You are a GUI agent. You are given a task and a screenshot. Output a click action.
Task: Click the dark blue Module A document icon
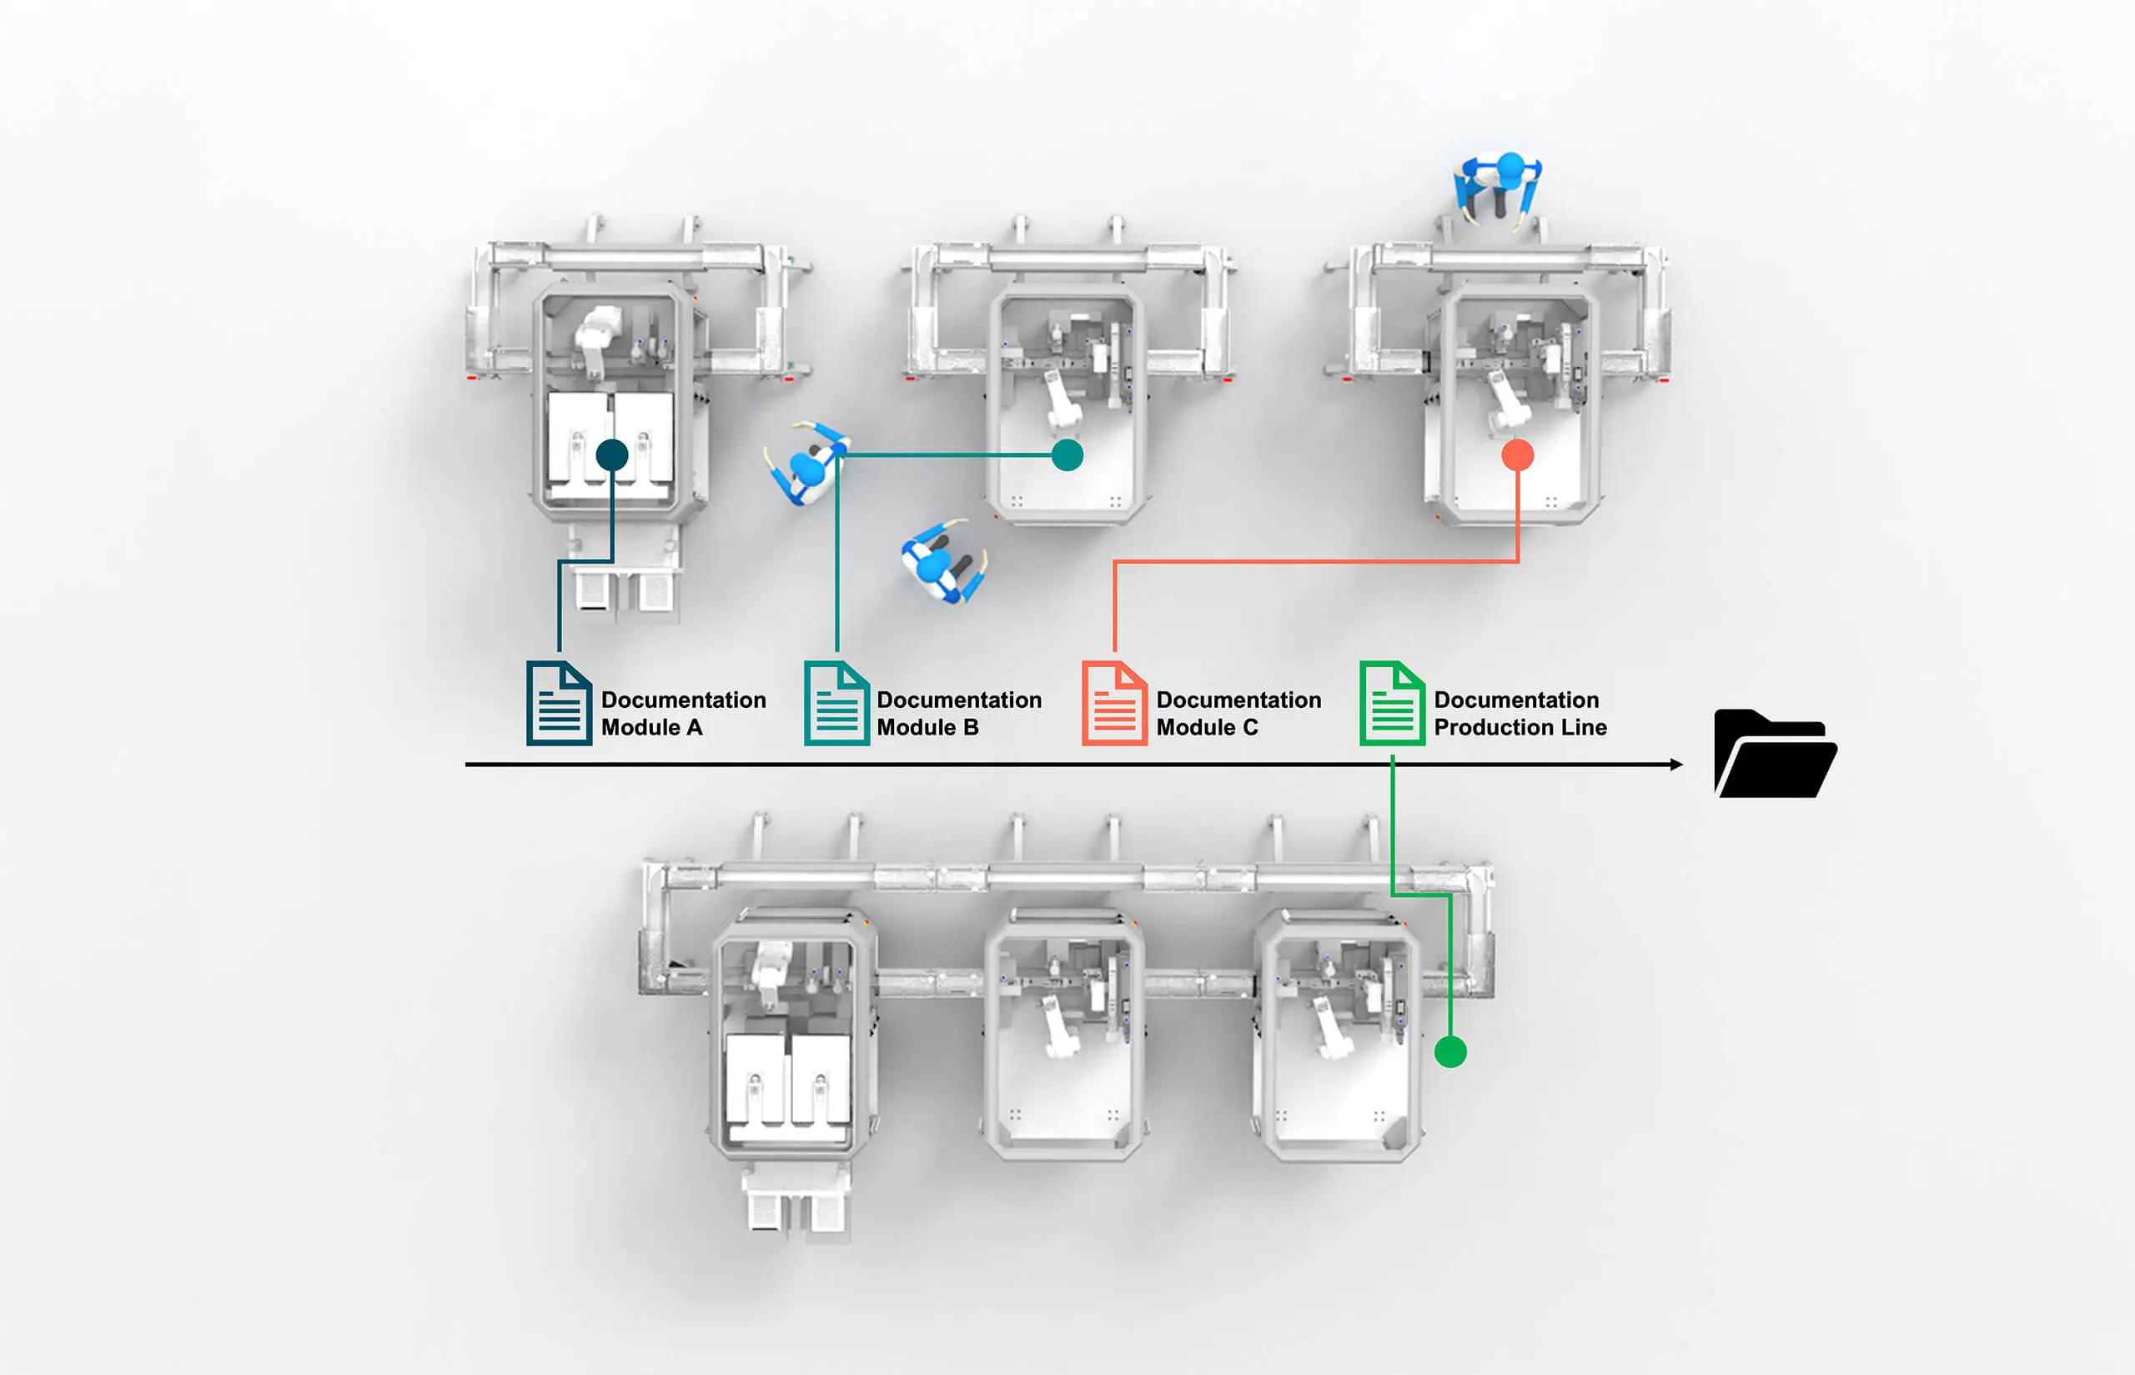click(559, 703)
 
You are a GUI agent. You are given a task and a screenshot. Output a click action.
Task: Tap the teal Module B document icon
click(836, 703)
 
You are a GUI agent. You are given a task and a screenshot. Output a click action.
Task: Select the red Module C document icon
click(1114, 703)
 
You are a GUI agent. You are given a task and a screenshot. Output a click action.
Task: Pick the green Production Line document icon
click(1392, 703)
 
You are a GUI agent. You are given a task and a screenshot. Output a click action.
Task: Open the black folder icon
click(1774, 755)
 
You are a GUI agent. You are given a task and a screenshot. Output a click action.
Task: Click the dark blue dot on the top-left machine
click(611, 455)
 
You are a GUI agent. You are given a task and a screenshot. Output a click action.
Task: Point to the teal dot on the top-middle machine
click(1067, 455)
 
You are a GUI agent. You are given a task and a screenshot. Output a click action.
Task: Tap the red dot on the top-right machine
click(1517, 455)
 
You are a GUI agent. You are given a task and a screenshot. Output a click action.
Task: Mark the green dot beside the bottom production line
click(1450, 1051)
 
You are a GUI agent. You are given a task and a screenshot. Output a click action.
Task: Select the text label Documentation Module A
click(683, 714)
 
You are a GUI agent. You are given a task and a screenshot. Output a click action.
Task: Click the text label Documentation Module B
click(959, 714)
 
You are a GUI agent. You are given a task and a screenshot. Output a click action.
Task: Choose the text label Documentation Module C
click(1238, 714)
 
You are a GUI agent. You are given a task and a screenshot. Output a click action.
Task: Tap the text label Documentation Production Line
click(1520, 714)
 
